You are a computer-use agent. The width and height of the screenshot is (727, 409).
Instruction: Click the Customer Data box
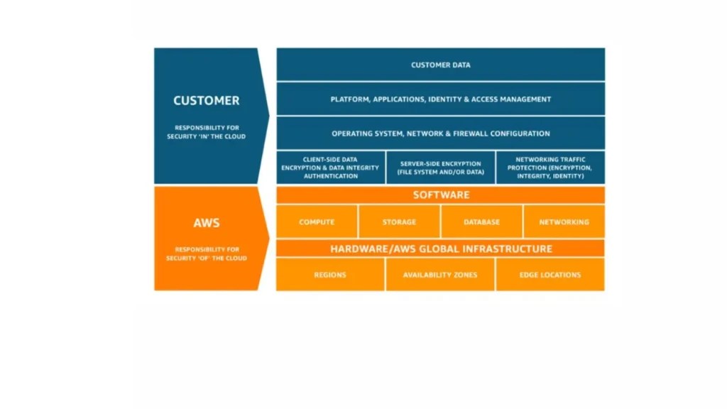440,65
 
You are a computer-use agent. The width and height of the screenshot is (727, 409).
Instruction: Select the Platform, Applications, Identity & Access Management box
440,99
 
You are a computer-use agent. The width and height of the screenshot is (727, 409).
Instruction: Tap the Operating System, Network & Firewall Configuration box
440,133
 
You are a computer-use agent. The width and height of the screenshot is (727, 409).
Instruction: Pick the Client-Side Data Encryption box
331,168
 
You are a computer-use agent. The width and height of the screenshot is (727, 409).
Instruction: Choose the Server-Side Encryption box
441,168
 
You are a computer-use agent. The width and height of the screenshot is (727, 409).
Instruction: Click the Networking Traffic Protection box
550,168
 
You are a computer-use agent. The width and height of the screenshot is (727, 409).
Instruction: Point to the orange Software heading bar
440,195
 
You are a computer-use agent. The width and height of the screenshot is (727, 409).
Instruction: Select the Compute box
317,222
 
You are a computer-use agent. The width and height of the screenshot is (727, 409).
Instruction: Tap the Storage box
399,222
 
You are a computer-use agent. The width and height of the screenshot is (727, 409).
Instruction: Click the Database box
481,222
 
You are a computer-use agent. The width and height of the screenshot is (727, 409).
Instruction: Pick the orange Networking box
564,222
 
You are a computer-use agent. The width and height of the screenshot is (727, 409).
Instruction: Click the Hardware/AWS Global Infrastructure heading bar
440,249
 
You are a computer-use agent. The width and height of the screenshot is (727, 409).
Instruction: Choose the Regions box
330,275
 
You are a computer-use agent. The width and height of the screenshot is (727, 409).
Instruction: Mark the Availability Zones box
440,275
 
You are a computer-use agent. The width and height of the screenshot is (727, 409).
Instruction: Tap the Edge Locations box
550,275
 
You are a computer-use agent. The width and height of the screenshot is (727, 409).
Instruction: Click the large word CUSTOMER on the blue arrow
206,101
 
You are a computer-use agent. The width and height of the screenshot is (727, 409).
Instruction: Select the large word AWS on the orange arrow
206,223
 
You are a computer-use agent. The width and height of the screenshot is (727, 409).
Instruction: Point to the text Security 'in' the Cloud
206,136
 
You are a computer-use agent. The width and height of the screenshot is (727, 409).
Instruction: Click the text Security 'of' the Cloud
206,258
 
